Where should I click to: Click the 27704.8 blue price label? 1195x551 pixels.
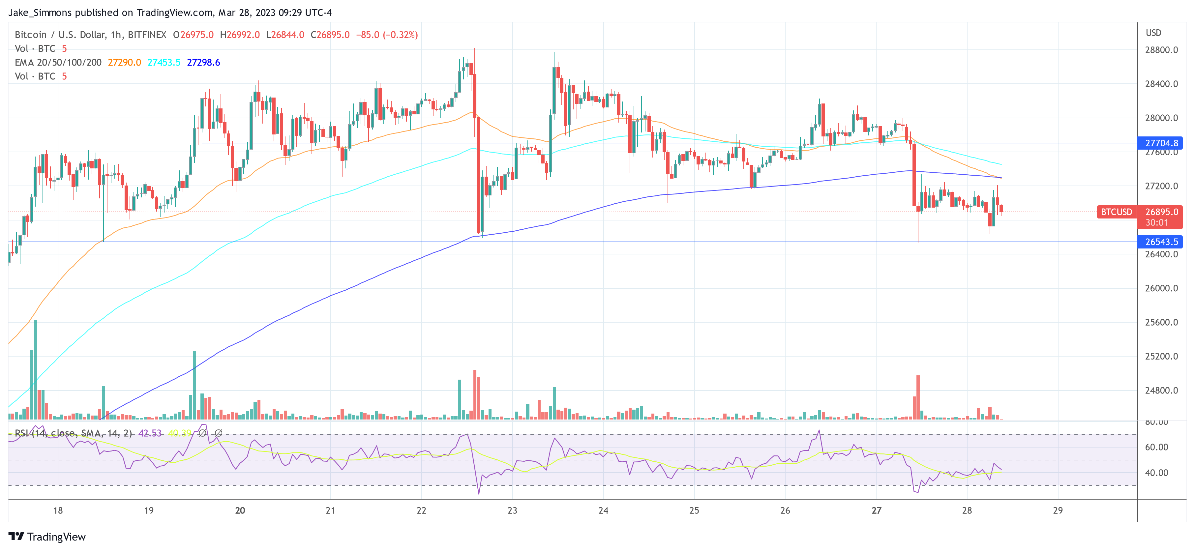[1161, 143]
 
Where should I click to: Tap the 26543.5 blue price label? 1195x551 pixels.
[1161, 242]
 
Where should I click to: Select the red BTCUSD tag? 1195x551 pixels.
[1116, 212]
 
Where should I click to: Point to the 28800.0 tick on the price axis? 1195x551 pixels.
[1161, 50]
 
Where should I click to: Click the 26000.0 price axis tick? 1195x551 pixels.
[1161, 288]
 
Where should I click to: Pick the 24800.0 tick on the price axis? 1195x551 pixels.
[1161, 391]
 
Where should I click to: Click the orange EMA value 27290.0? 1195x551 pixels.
[124, 63]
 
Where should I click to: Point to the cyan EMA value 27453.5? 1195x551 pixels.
[164, 63]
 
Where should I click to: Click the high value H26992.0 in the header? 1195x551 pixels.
[240, 35]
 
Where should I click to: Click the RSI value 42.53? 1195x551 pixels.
[150, 433]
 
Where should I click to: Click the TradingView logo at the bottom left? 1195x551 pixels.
[47, 536]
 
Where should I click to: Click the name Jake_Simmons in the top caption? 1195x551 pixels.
[40, 13]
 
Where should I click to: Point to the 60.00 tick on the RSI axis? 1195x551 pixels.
[1156, 447]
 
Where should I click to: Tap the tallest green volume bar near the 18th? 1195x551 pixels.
[35, 370]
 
